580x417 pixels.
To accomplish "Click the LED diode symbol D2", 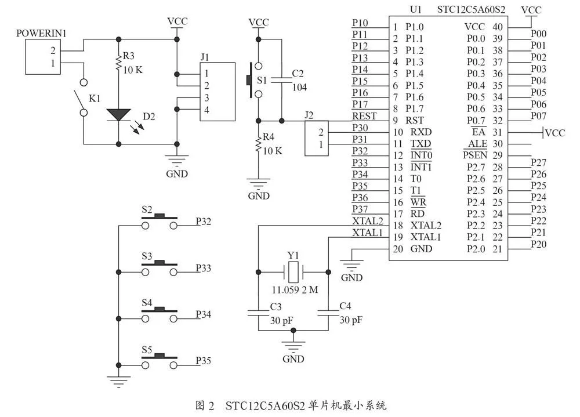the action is tap(119, 115).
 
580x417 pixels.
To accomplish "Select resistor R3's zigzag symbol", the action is tap(119, 63).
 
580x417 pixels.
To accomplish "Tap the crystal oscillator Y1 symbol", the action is tap(293, 272).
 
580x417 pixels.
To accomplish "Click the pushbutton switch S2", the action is tap(159, 222).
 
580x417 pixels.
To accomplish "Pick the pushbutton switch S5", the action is tap(159, 361).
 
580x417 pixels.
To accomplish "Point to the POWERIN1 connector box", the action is tap(43, 57).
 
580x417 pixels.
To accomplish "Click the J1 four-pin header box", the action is tap(217, 92).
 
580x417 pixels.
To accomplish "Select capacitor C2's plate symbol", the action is tap(281, 80).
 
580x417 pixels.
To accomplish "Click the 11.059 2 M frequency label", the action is tap(295, 290).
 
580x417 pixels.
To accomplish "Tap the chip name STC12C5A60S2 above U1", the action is tap(471, 10).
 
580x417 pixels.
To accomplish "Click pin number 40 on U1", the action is tap(498, 27).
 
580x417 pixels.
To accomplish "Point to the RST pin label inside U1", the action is tap(414, 120).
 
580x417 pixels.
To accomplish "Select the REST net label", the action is tap(364, 116).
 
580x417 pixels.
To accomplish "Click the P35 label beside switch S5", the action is tap(203, 360).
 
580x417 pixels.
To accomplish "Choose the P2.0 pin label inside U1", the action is tap(476, 249).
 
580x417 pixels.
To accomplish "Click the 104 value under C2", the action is tap(299, 88).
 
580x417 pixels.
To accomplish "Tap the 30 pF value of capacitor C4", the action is tap(351, 320).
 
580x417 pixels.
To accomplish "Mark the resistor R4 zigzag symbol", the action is tap(259, 144).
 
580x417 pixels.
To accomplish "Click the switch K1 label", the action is tap(95, 98).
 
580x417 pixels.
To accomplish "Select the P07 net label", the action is tap(539, 116).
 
